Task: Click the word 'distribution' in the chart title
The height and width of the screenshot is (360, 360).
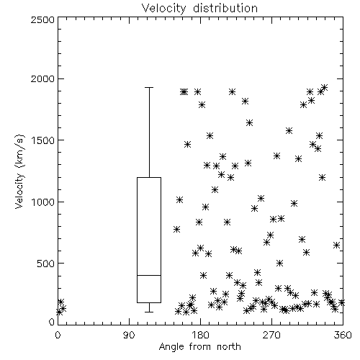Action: [x=225, y=8]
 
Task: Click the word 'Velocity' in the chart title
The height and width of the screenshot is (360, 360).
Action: [x=164, y=9]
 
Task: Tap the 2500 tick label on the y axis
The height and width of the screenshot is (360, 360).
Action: [x=43, y=19]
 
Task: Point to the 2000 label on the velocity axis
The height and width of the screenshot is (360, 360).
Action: [x=43, y=79]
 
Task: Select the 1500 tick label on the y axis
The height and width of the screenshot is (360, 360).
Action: [x=43, y=140]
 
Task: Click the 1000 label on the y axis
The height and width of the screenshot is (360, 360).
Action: [x=43, y=202]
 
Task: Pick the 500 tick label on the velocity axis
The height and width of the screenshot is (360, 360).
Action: [x=46, y=264]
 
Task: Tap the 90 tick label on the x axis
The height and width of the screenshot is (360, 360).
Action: [x=129, y=335]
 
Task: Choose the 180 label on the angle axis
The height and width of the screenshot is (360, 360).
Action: [x=200, y=335]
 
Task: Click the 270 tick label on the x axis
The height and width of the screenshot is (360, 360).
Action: [x=271, y=335]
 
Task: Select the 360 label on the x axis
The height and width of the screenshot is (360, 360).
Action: [x=343, y=335]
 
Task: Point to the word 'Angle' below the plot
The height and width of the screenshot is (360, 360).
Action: [x=171, y=347]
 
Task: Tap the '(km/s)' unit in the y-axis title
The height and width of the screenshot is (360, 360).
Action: [x=20, y=151]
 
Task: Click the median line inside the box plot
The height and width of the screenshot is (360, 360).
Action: [x=149, y=275]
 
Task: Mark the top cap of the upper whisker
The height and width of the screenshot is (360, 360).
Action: [x=149, y=88]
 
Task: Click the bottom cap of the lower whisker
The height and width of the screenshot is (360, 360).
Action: [x=149, y=312]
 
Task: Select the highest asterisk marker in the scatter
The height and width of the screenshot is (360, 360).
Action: [x=324, y=87]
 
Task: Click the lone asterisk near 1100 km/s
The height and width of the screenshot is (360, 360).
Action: [x=215, y=190]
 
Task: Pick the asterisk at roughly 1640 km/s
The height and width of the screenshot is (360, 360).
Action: [x=249, y=123]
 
